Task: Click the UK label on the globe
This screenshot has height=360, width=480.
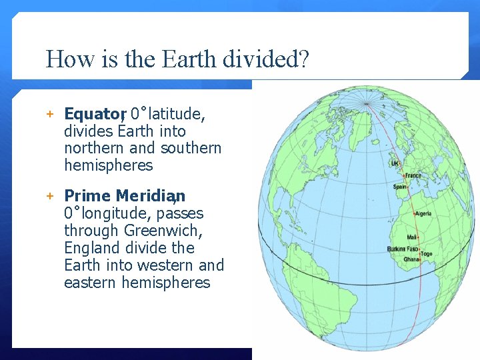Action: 395,163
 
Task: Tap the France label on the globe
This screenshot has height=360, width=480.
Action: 414,175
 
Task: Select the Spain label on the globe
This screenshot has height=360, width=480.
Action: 400,187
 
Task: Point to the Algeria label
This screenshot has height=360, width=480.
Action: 423,214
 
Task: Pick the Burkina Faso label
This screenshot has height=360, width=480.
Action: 401,249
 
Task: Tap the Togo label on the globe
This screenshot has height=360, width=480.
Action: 427,253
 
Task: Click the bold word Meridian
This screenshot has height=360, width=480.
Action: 150,196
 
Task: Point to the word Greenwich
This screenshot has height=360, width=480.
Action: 163,231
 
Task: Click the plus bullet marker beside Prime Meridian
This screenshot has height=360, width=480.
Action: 49,196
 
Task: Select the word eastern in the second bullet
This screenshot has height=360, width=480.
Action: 91,283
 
